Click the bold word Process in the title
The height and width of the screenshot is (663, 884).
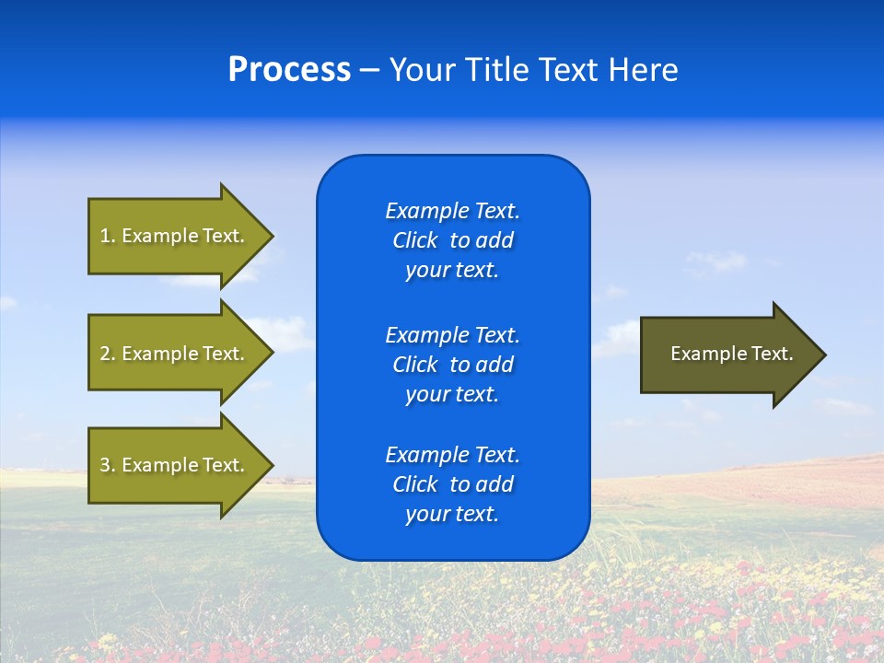coord(289,70)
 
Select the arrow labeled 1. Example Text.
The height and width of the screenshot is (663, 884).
coord(173,236)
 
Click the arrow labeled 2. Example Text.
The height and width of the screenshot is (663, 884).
coord(173,354)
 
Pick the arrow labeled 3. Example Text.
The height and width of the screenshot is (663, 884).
coord(173,465)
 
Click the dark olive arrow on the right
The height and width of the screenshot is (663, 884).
coord(727,355)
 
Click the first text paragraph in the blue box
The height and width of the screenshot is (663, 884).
coord(452,240)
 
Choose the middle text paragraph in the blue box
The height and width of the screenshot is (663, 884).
coord(452,365)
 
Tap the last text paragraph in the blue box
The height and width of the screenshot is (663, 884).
coord(452,484)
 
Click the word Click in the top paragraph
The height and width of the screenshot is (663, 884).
coord(414,240)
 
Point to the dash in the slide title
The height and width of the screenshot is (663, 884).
coord(370,71)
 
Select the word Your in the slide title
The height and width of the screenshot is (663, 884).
coord(419,70)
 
